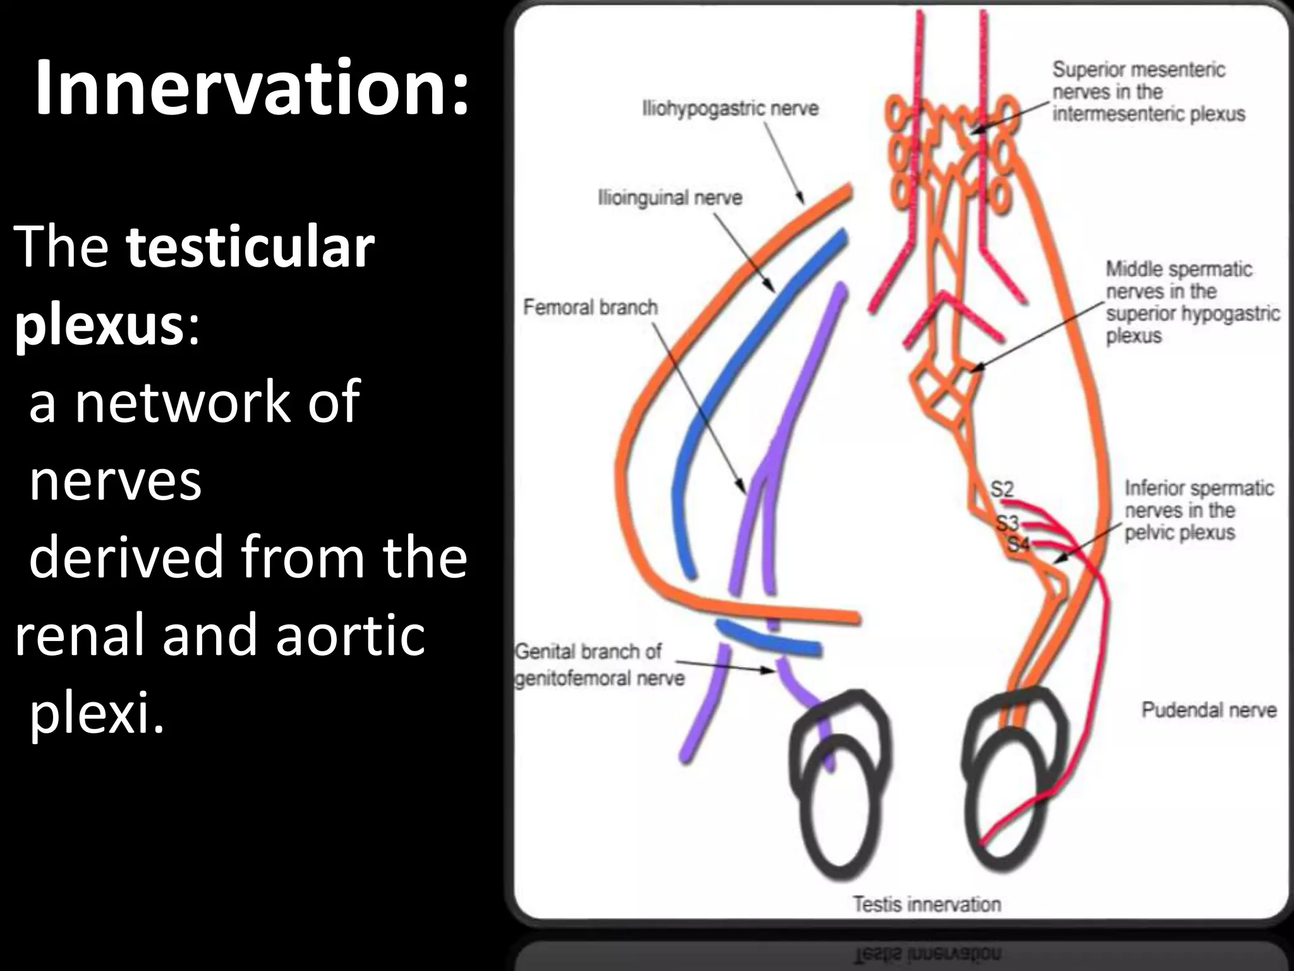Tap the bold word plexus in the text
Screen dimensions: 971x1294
(x=99, y=327)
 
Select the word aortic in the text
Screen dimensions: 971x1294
(x=350, y=635)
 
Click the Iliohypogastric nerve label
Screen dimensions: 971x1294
(x=730, y=109)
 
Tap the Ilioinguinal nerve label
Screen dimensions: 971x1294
(x=670, y=198)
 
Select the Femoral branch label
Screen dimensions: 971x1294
(x=590, y=307)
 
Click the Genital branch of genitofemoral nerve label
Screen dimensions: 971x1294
(x=599, y=664)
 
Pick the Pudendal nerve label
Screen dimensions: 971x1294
(x=1209, y=710)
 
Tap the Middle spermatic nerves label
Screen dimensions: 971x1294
(x=1192, y=302)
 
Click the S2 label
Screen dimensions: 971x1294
(x=1001, y=489)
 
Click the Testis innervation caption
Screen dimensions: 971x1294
(x=927, y=904)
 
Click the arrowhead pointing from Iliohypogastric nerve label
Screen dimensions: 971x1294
(x=801, y=200)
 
